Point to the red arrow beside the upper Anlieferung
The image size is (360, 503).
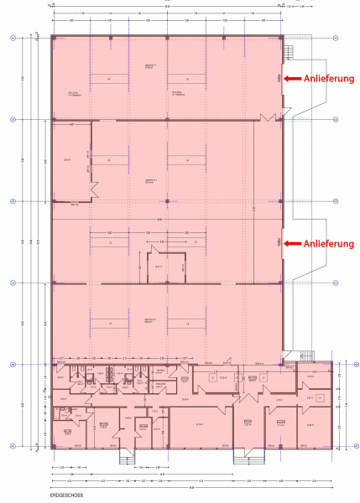click(291, 78)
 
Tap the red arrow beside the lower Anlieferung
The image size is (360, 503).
click(291, 243)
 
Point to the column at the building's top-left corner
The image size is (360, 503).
click(53, 38)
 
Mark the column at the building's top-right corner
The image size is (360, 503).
click(281, 38)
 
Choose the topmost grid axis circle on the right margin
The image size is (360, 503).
click(335, 38)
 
